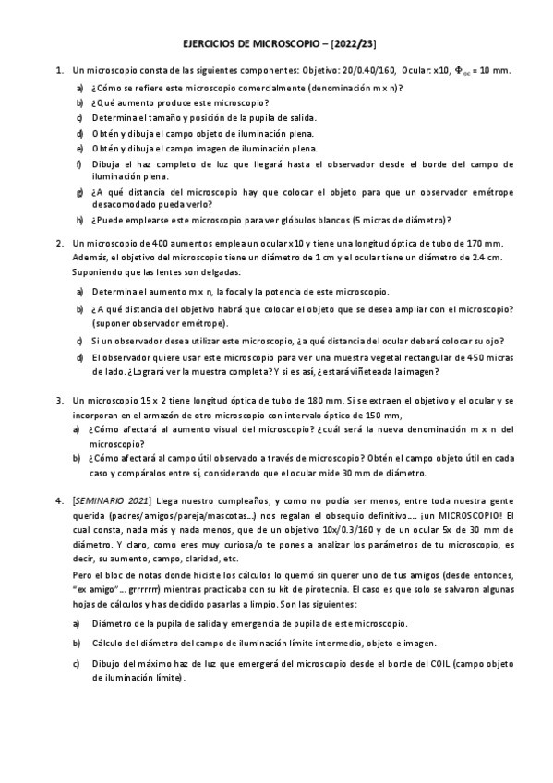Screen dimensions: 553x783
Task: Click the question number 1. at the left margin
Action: click(x=59, y=69)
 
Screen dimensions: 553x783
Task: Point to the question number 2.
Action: click(x=59, y=243)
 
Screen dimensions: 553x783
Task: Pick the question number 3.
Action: click(x=59, y=401)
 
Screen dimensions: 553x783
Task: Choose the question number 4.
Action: click(x=59, y=498)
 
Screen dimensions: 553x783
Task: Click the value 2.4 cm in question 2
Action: click(x=487, y=258)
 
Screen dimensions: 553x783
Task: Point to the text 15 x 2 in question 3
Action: click(x=151, y=401)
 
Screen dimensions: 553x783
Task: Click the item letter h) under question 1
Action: click(x=79, y=219)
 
